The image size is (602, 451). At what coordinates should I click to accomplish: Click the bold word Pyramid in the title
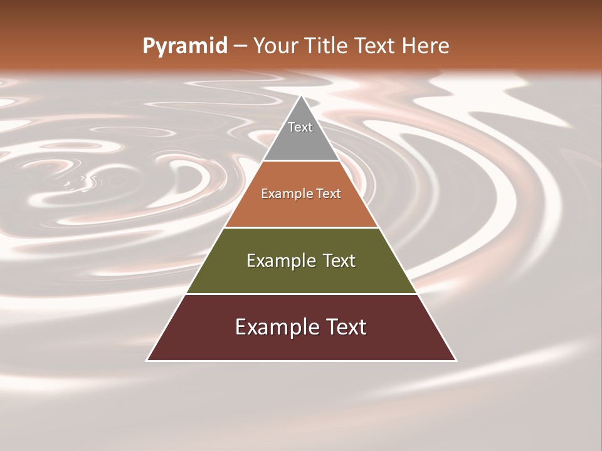(x=184, y=46)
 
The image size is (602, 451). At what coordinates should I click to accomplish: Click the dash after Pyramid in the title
(x=240, y=46)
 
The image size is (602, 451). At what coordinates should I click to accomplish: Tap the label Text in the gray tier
(x=300, y=127)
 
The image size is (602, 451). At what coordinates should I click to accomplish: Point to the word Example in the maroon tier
(x=273, y=327)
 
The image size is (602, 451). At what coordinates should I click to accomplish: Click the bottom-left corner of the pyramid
(x=147, y=360)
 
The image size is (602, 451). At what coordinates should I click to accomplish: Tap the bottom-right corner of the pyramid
(x=456, y=360)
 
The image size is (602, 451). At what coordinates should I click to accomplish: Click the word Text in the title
(x=374, y=46)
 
